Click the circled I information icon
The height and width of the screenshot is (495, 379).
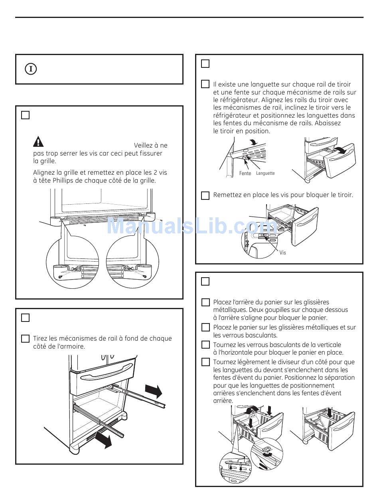[31, 69]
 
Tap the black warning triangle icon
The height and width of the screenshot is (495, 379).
[38, 142]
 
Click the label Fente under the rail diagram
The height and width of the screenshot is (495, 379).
[245, 174]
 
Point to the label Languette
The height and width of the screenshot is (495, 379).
[265, 174]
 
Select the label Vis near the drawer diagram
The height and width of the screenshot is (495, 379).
[282, 253]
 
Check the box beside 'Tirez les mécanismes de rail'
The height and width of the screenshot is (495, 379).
[25, 339]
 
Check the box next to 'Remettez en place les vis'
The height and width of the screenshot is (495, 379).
[205, 195]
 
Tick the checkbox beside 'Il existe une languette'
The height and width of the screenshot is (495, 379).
[205, 84]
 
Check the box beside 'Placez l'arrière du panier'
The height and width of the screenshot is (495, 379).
[205, 302]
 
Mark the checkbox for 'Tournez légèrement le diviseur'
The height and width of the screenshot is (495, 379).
[205, 362]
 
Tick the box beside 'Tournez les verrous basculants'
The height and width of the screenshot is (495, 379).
[205, 345]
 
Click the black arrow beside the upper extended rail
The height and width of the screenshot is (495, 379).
[153, 391]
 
